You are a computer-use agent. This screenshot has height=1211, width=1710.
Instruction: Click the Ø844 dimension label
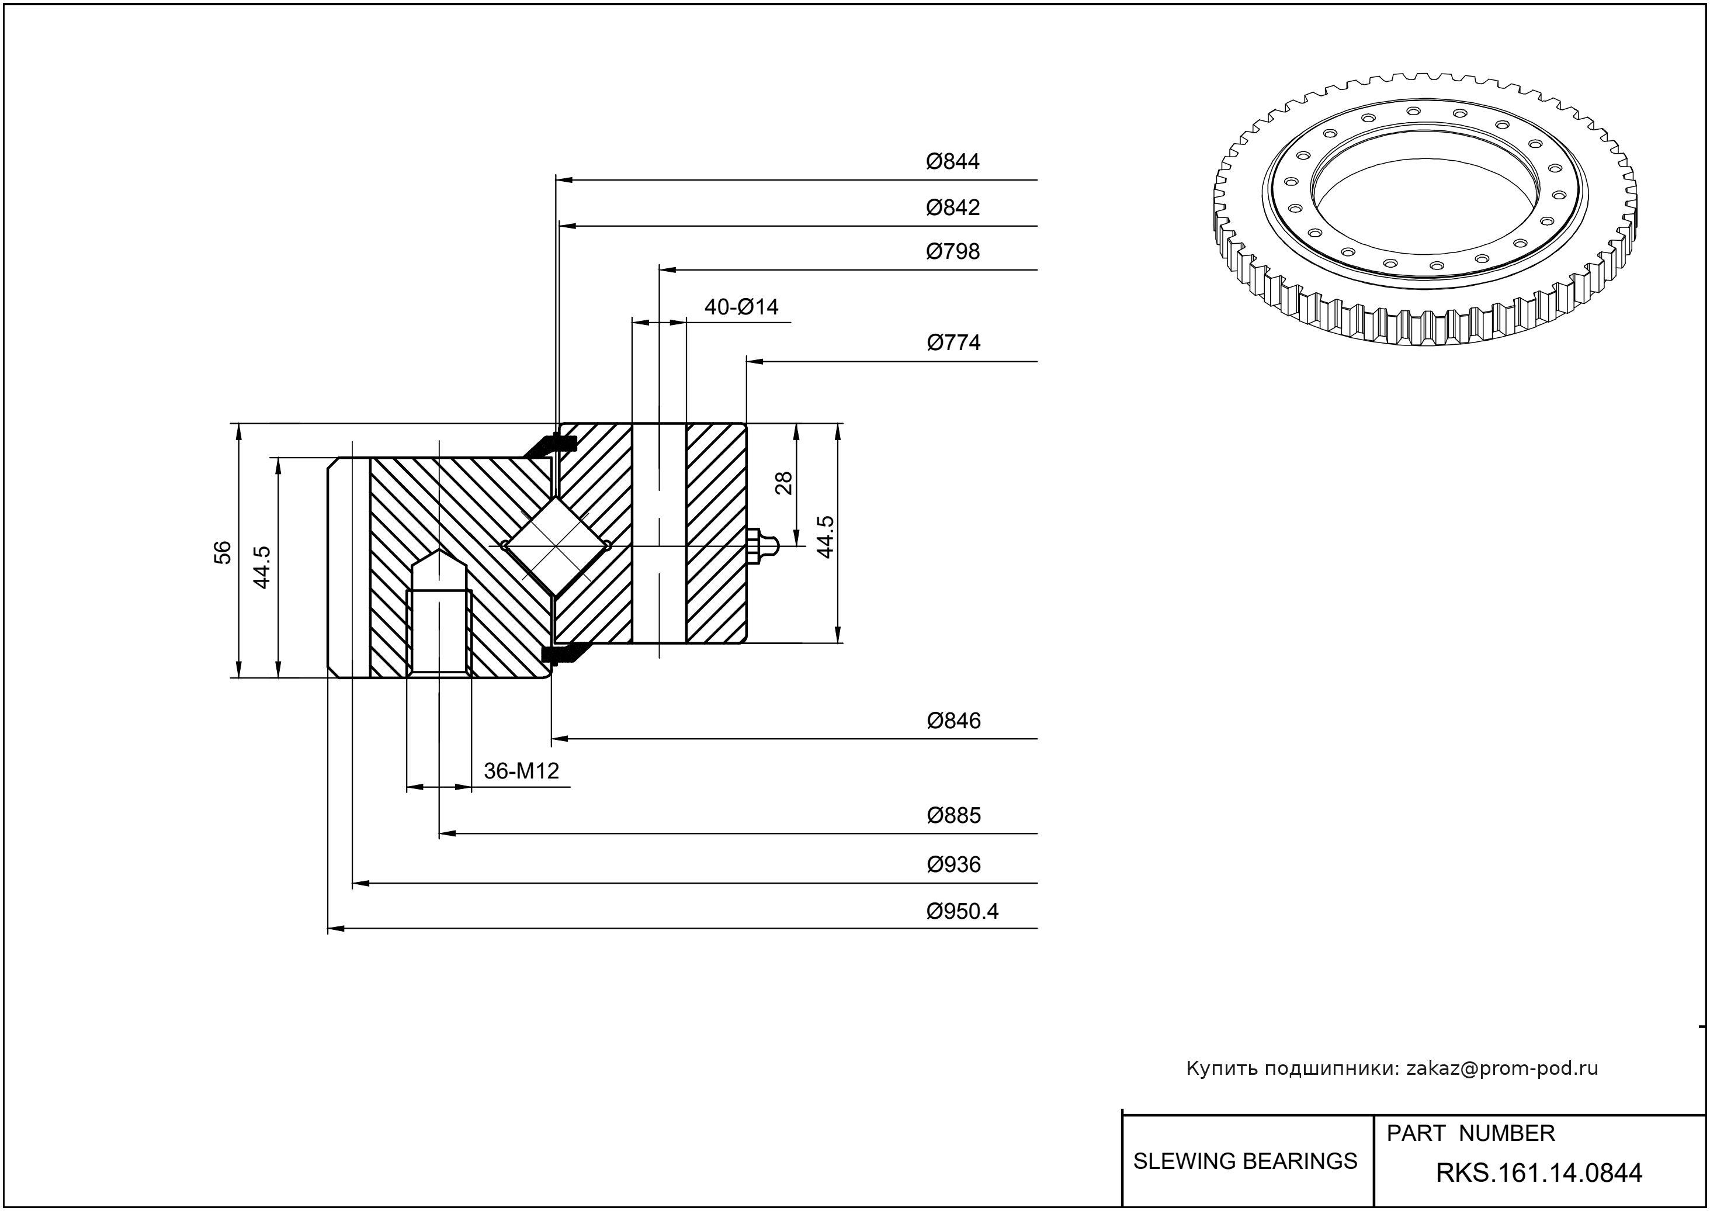coord(953,162)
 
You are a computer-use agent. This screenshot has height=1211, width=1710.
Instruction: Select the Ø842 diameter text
coord(953,207)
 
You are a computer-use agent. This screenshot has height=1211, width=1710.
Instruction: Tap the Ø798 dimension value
coord(953,251)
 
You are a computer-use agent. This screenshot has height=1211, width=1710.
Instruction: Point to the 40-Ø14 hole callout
coord(741,306)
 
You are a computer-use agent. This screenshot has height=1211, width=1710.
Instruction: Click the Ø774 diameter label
coord(953,342)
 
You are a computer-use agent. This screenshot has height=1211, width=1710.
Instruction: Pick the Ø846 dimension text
coord(953,720)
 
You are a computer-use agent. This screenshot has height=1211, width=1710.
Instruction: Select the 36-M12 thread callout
coord(521,770)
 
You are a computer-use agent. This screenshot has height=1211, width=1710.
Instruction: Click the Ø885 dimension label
coord(953,815)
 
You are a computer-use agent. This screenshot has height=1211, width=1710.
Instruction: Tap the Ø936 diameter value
coord(953,864)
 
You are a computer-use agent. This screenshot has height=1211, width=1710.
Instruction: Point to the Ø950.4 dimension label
coord(962,911)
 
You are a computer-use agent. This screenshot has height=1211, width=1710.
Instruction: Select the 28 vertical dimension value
coord(783,483)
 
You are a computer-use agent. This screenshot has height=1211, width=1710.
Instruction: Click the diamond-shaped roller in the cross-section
coord(556,546)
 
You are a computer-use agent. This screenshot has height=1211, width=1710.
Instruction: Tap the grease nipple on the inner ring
coord(762,546)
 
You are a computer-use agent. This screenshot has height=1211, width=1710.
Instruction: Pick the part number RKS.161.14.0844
coord(1539,1173)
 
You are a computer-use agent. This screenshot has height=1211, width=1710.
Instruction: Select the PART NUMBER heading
coord(1470,1133)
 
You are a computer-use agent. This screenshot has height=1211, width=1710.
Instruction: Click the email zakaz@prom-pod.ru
coord(1501,1068)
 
